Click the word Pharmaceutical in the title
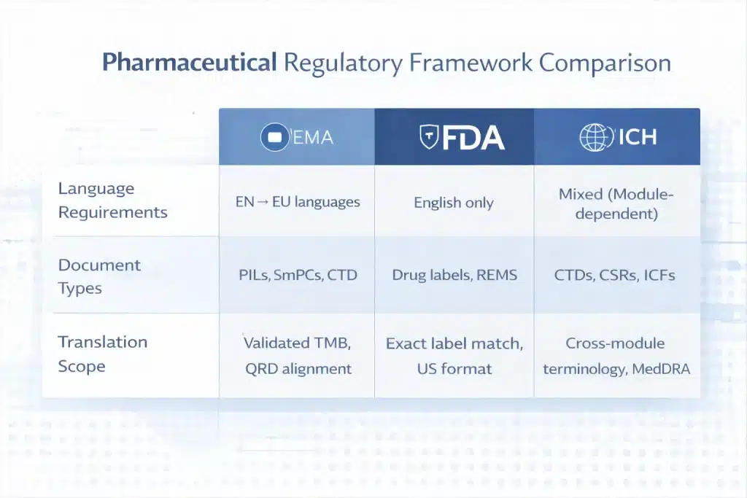tap(189, 63)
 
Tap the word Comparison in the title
tap(605, 63)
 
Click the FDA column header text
tap(471, 137)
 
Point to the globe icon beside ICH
tap(594, 137)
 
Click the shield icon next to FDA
tap(429, 137)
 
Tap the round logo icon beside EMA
tap(274, 137)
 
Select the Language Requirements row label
tap(112, 201)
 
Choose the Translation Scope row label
tap(102, 354)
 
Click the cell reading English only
tap(454, 203)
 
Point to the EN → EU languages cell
tap(298, 202)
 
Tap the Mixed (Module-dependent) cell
tap(616, 204)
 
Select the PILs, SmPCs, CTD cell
tap(298, 276)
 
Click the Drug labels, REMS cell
tap(454, 276)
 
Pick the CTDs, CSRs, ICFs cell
tap(616, 276)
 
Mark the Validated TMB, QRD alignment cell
tap(298, 355)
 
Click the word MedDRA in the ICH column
tap(661, 369)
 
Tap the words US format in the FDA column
tap(453, 369)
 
